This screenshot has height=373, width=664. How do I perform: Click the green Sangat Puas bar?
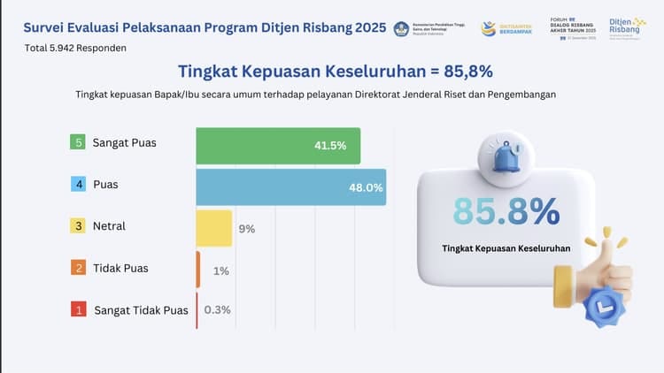[x=278, y=146]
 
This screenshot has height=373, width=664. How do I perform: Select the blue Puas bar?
[x=290, y=186]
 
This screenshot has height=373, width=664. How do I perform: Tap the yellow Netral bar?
[x=213, y=227]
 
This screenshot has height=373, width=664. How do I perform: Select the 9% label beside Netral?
[x=246, y=229]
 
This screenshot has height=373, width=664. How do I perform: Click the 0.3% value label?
[x=218, y=310]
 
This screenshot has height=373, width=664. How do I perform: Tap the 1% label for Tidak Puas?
[x=221, y=270]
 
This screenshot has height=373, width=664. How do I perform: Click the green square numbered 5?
[x=79, y=142]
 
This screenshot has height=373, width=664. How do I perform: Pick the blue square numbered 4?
[x=79, y=185]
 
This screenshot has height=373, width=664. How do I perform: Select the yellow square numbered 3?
[x=79, y=226]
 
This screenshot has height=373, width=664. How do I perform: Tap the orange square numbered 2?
[x=79, y=268]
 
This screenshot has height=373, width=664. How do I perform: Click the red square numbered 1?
[x=79, y=310]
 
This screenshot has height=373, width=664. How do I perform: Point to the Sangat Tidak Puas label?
[x=141, y=310]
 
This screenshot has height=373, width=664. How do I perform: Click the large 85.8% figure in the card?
[x=506, y=211]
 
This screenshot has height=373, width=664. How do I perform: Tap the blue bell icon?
[x=506, y=157]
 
